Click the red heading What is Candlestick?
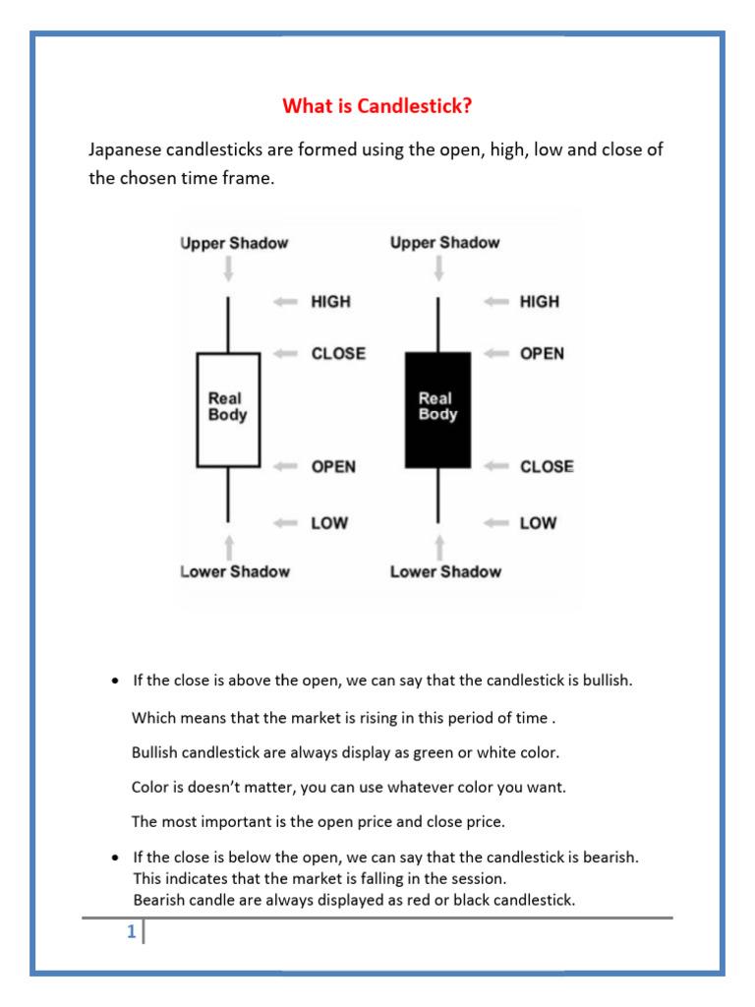(x=377, y=105)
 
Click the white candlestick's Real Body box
(x=228, y=409)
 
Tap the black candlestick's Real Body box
(x=437, y=409)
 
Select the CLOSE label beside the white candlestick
(x=338, y=353)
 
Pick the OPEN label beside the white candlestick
(x=333, y=466)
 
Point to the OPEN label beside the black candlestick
(x=542, y=353)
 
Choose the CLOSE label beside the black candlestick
(x=547, y=466)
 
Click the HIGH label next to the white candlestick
(x=330, y=302)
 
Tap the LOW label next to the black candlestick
(x=538, y=523)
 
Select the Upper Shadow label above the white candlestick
(x=234, y=243)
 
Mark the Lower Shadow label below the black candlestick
(x=445, y=571)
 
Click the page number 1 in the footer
(x=131, y=933)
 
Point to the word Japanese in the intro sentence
(x=123, y=150)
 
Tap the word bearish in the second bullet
(x=608, y=857)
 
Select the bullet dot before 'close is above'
(x=116, y=681)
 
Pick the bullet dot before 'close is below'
(x=116, y=858)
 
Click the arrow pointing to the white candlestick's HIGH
(x=286, y=302)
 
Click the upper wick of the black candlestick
(x=438, y=325)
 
